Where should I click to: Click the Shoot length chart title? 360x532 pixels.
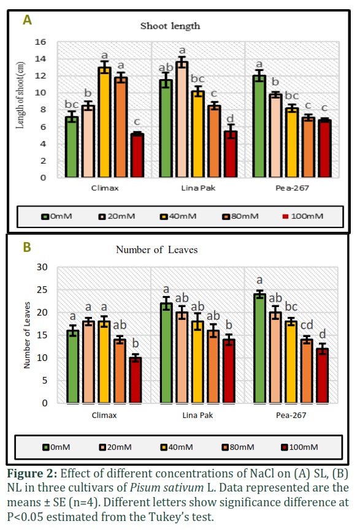click(x=170, y=26)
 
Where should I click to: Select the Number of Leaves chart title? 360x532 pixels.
click(x=156, y=249)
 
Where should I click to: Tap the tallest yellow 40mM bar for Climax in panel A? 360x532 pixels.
click(x=105, y=122)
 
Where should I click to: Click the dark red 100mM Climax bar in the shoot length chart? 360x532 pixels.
click(x=137, y=155)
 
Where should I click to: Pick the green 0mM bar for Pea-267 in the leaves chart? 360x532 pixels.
click(x=260, y=349)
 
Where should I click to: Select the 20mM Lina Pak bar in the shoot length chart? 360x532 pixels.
click(x=182, y=120)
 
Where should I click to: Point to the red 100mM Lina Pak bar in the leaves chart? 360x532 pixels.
click(x=229, y=371)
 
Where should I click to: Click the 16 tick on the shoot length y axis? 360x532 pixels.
click(x=40, y=42)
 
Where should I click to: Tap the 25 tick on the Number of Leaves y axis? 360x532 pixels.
click(x=42, y=290)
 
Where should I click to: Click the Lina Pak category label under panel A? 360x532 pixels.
click(x=198, y=188)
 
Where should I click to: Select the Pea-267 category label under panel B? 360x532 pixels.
click(x=291, y=416)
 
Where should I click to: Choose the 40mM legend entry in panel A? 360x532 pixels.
click(x=178, y=216)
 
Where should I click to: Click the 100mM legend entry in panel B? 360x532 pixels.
click(x=300, y=447)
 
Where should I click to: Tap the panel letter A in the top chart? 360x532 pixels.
click(x=27, y=20)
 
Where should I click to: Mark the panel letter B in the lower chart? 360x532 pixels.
click(x=27, y=247)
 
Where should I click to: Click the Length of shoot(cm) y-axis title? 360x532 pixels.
click(x=20, y=96)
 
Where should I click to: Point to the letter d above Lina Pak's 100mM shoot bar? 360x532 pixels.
click(x=230, y=118)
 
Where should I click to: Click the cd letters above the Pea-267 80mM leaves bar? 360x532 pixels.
click(x=307, y=325)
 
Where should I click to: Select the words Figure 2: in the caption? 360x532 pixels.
click(x=33, y=473)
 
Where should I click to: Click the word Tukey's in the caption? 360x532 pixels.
click(x=168, y=517)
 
